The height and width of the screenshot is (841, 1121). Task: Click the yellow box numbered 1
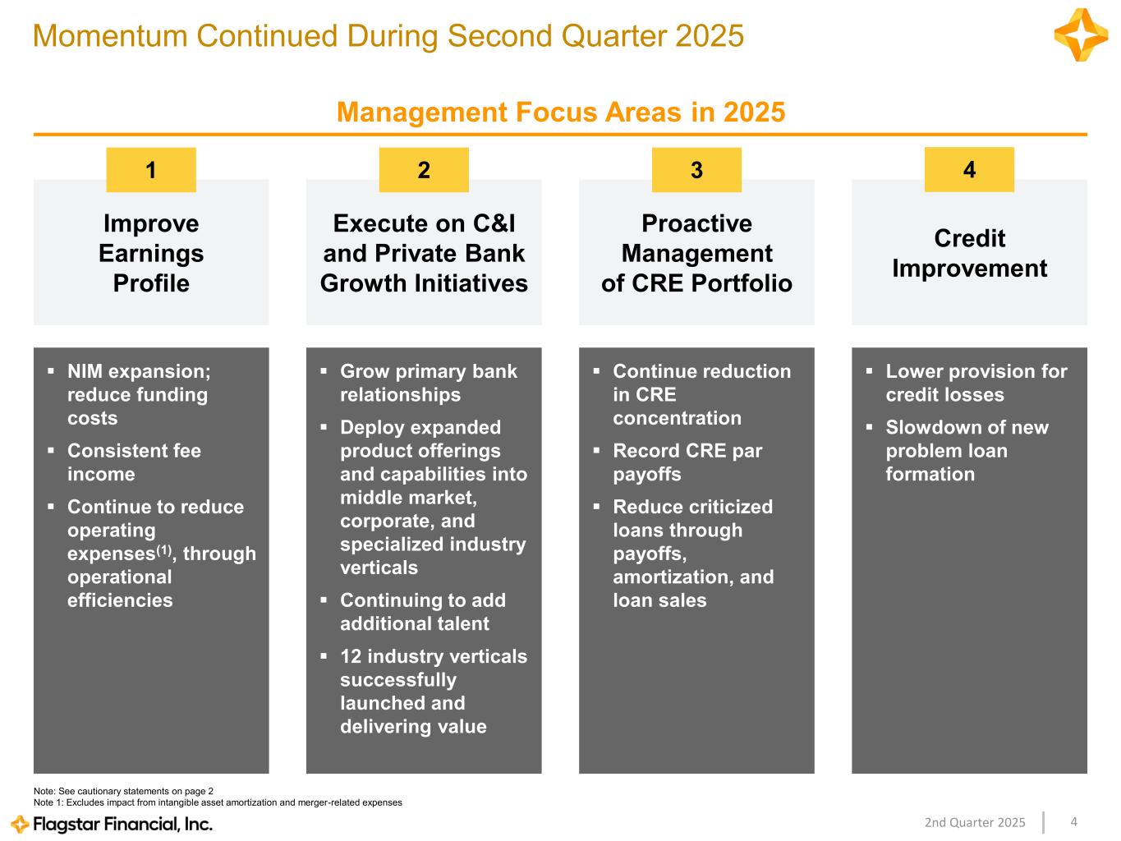click(x=150, y=169)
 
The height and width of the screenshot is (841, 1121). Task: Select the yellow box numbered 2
click(x=424, y=169)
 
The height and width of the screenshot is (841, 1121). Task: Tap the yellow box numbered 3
click(x=696, y=169)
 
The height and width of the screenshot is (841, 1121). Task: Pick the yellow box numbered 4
click(x=969, y=169)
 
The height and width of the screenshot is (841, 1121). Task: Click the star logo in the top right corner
click(x=1081, y=34)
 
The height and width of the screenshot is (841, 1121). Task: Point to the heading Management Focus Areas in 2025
click(x=561, y=112)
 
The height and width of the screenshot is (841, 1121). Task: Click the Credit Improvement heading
click(x=969, y=253)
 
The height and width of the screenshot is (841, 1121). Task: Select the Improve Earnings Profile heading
click(x=151, y=253)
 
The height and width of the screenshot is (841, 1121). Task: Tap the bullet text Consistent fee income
click(x=135, y=462)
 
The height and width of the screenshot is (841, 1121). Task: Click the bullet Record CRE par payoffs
click(x=687, y=462)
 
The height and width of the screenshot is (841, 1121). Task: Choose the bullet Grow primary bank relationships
click(x=429, y=383)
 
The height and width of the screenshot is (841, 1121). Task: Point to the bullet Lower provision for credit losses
click(x=976, y=383)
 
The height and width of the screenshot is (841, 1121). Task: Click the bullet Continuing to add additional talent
click(x=423, y=612)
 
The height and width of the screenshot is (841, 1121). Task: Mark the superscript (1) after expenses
click(x=164, y=550)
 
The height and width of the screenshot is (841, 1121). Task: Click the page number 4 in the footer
click(x=1074, y=821)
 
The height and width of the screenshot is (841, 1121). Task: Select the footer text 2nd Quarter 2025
click(x=975, y=822)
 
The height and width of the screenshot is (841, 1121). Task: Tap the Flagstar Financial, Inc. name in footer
click(x=122, y=824)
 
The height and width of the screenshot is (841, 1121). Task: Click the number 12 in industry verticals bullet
click(x=351, y=656)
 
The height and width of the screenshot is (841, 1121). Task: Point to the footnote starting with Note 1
click(x=218, y=802)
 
